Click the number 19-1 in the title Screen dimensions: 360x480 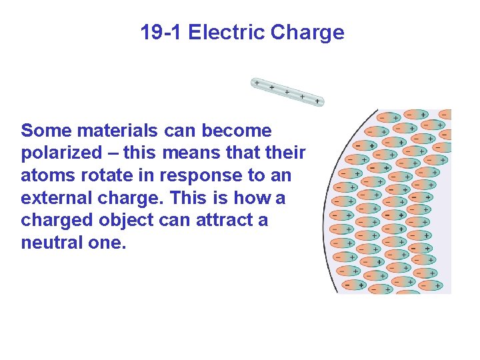(161, 33)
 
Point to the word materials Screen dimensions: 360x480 (119, 130)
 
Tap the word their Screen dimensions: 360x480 (285, 153)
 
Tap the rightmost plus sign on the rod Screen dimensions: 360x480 (318, 101)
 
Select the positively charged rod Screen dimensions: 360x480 (287, 92)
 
